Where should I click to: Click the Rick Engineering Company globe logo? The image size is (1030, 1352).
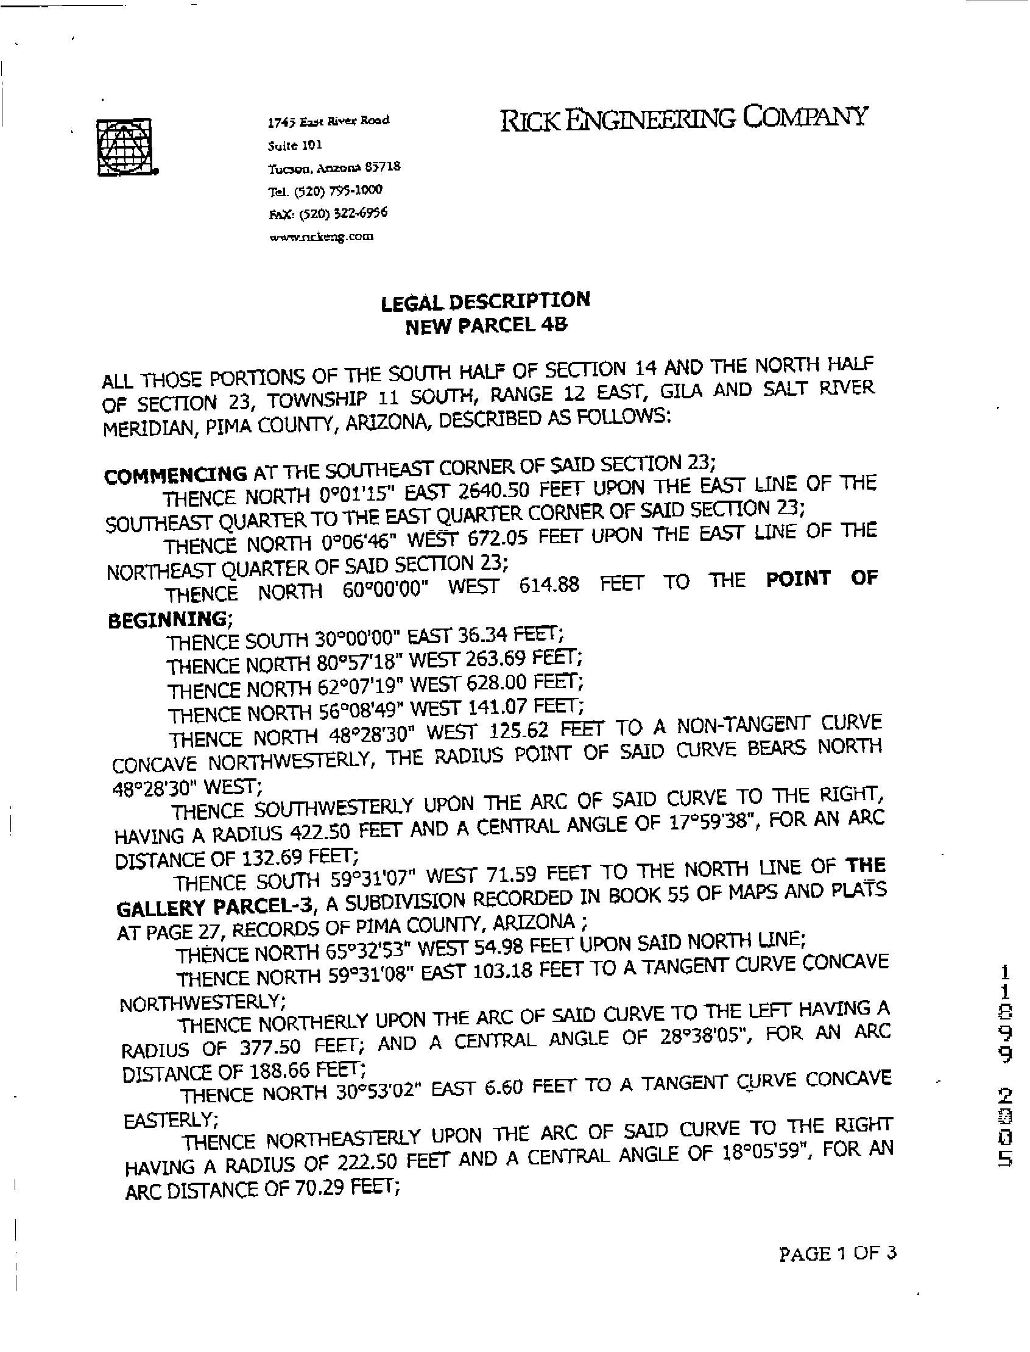[125, 147]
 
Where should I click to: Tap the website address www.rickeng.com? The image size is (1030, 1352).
[321, 236]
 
